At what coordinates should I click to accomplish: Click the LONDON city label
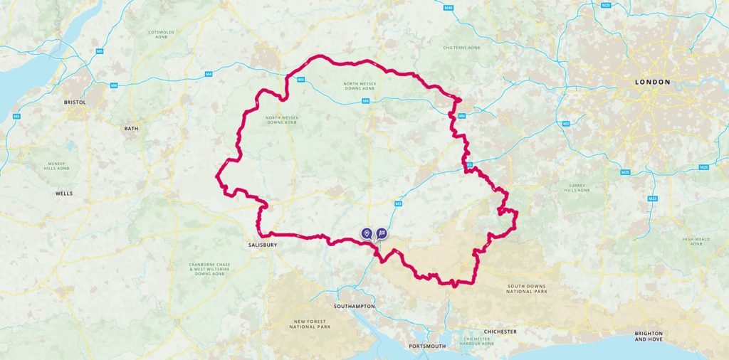(x=652, y=83)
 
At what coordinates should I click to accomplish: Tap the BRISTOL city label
(x=74, y=102)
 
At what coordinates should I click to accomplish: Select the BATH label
(x=131, y=129)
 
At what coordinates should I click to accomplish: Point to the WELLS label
(x=64, y=194)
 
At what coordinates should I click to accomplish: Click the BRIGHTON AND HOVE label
(x=649, y=337)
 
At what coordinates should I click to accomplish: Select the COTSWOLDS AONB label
(x=162, y=35)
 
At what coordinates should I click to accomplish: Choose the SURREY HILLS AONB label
(x=577, y=188)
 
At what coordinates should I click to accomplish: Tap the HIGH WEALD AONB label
(x=696, y=242)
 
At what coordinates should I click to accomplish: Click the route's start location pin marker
(x=367, y=233)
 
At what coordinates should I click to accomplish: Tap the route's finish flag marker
(x=382, y=233)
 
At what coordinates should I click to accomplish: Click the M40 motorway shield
(x=448, y=8)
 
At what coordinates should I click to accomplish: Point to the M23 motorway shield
(x=652, y=198)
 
